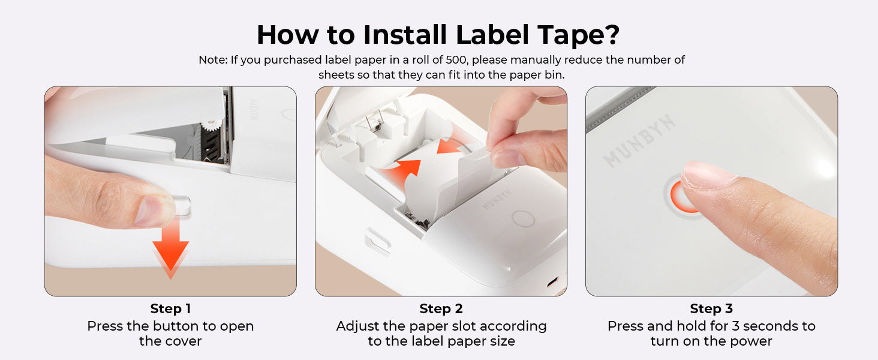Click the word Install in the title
(405, 35)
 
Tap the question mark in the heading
(609, 35)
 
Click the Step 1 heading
(170, 309)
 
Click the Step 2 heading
(441, 309)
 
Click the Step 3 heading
(711, 309)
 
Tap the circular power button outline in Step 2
(524, 218)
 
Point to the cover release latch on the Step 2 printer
(378, 240)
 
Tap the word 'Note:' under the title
(213, 60)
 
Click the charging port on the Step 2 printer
(553, 281)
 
